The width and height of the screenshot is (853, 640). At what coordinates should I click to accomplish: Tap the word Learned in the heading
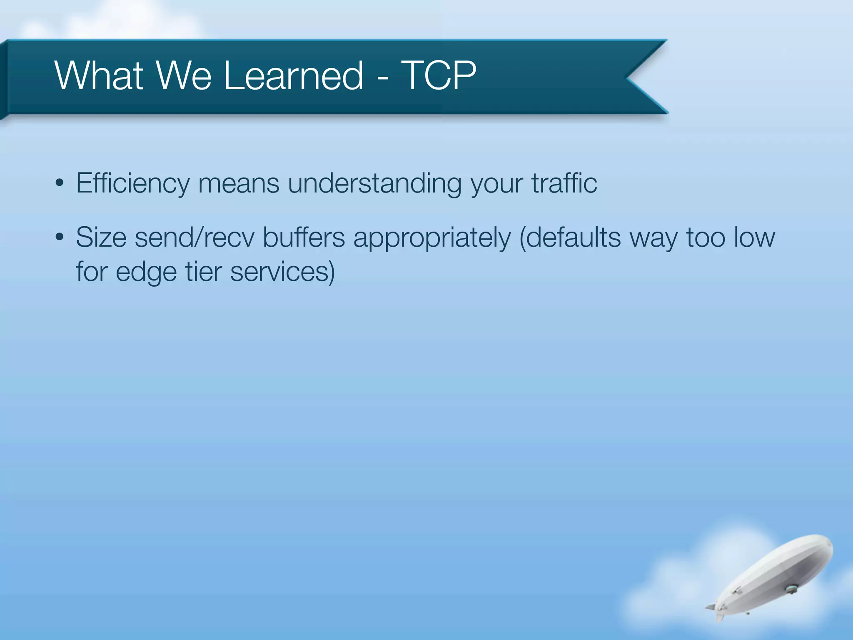coord(294,75)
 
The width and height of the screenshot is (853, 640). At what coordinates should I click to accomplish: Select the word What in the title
coord(99,75)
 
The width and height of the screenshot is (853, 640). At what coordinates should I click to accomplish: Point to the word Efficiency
coord(132,183)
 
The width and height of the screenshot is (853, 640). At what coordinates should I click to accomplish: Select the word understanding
coord(374,183)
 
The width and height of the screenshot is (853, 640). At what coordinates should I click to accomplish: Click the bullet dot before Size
coord(60,237)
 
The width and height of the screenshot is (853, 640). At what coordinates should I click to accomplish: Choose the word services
coord(282,272)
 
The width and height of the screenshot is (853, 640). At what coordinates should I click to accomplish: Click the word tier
coord(203,272)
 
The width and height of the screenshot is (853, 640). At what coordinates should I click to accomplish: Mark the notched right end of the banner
coord(637,77)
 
